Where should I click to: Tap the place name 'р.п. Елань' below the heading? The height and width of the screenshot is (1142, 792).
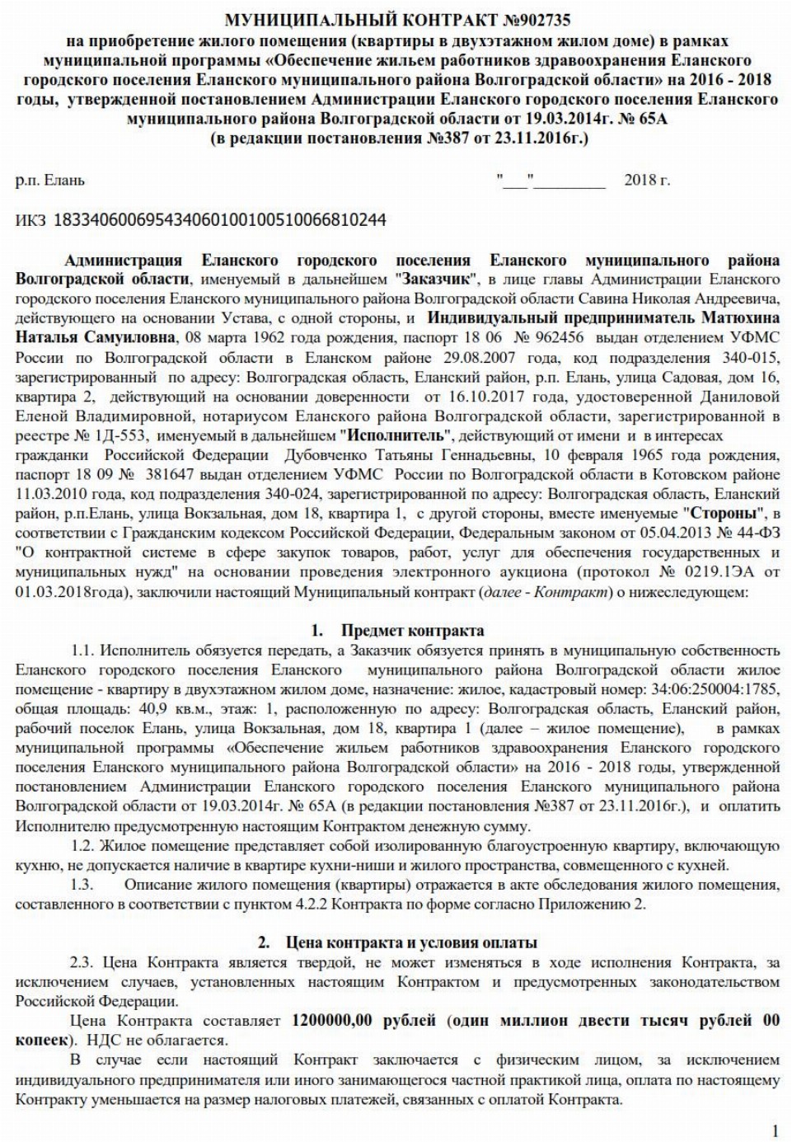pyautogui.click(x=49, y=180)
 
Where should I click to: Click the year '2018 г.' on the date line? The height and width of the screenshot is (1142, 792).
pyautogui.click(x=647, y=180)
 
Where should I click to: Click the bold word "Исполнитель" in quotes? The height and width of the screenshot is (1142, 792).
pyautogui.click(x=396, y=436)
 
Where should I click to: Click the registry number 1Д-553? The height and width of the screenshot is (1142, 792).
pyautogui.click(x=121, y=436)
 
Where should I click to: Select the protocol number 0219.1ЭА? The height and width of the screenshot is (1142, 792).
pyautogui.click(x=714, y=572)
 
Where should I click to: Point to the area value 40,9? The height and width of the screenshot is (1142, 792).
pyautogui.click(x=148, y=709)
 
